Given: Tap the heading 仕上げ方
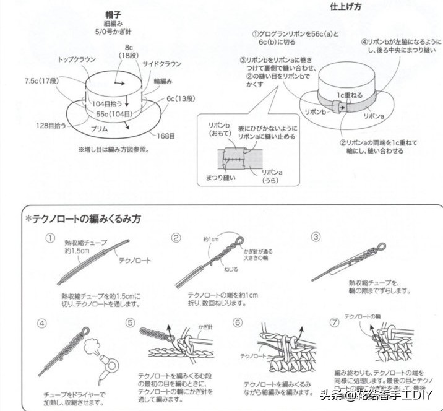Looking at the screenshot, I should (x=345, y=6).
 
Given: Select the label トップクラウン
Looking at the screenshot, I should (x=76, y=59).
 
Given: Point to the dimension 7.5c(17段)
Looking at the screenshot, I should (x=41, y=80).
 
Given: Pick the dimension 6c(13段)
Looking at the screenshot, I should (x=180, y=98).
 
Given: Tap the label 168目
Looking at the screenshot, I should (x=165, y=135).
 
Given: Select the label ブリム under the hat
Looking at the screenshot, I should (x=100, y=128).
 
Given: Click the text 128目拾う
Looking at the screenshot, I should (x=51, y=124).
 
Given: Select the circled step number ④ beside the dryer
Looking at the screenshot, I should (x=42, y=322).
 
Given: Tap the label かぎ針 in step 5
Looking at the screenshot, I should (x=205, y=326).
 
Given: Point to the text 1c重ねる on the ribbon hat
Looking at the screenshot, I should (x=350, y=95).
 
